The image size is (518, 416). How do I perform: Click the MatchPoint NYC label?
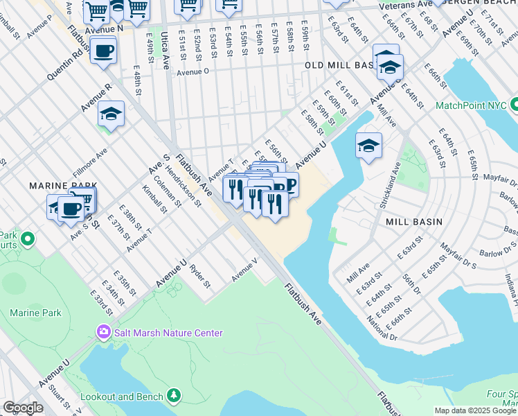pos(470,106)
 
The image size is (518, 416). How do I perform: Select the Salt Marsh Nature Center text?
pos(169,333)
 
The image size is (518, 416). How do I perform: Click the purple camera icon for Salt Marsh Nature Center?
pos(105,333)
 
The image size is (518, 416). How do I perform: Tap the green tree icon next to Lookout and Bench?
pos(174,397)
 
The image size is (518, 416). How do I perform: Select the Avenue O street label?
pos(197,72)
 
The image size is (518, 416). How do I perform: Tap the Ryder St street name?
pos(199,275)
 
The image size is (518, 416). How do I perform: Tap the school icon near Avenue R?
pos(111,114)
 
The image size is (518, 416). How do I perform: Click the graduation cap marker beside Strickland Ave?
pos(369,146)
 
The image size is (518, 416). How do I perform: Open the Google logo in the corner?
pos(23,408)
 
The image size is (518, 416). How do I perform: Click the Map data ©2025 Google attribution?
pos(474,410)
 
